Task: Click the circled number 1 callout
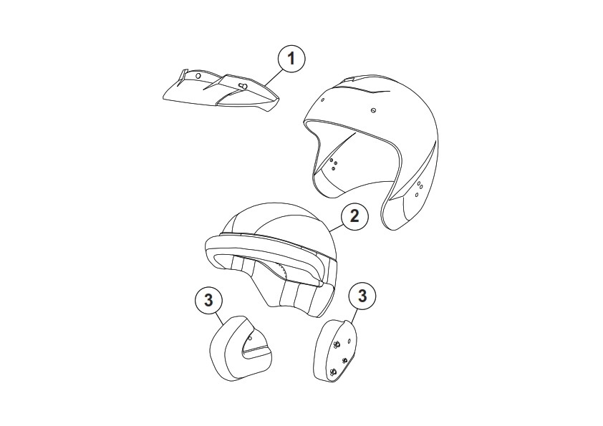point(291,59)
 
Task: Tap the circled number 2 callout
point(354,216)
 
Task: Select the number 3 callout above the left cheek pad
point(208,300)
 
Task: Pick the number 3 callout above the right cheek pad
point(362,296)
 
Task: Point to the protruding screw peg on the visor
point(243,86)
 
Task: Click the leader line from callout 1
point(273,77)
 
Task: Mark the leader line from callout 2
point(336,227)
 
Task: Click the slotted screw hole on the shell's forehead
point(373,110)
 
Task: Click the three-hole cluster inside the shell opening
point(334,164)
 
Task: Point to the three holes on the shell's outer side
point(419,188)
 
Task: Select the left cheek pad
point(241,349)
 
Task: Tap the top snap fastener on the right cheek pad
point(337,344)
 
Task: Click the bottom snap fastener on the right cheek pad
point(333,372)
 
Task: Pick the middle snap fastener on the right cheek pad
point(344,360)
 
